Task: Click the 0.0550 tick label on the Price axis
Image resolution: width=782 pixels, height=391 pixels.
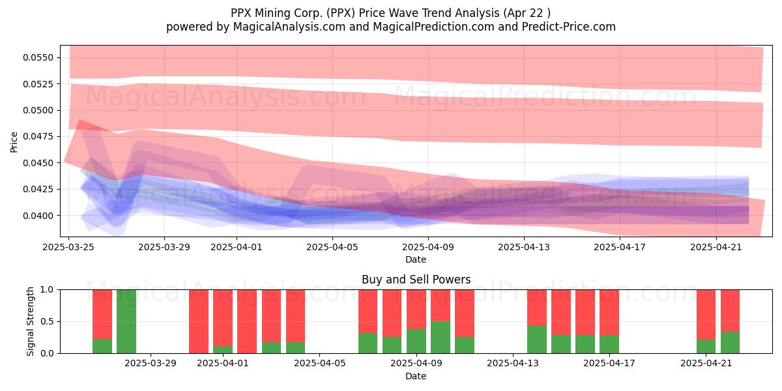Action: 38,57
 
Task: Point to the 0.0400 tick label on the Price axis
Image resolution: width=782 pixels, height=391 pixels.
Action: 38,216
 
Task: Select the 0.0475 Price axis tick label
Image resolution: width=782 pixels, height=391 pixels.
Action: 38,136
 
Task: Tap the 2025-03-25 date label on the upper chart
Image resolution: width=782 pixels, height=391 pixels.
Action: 68,247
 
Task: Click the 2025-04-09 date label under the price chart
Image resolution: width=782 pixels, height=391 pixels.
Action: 428,247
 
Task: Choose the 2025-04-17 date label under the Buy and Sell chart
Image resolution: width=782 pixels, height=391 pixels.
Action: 609,364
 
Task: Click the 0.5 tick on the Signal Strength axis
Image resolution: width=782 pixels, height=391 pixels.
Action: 48,321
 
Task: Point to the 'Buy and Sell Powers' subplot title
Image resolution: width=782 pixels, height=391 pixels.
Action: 416,280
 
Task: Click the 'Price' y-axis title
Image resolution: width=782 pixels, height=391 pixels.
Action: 14,142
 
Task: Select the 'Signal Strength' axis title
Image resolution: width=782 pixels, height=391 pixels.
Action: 31,321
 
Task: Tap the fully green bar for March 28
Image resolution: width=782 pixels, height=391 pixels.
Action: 126,321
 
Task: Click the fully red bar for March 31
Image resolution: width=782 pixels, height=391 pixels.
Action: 199,321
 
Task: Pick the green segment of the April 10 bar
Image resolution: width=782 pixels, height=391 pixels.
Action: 441,338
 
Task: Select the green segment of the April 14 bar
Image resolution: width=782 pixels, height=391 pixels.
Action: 537,340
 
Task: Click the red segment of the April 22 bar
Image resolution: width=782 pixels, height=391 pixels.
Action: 730,311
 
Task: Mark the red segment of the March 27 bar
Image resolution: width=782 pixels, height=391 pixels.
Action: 102,314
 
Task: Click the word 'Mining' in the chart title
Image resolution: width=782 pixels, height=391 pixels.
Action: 270,13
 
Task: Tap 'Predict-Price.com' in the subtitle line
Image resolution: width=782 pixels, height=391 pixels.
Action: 569,27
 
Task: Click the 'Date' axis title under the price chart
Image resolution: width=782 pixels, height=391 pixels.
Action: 416,260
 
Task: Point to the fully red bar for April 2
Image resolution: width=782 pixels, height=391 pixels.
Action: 247,321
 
